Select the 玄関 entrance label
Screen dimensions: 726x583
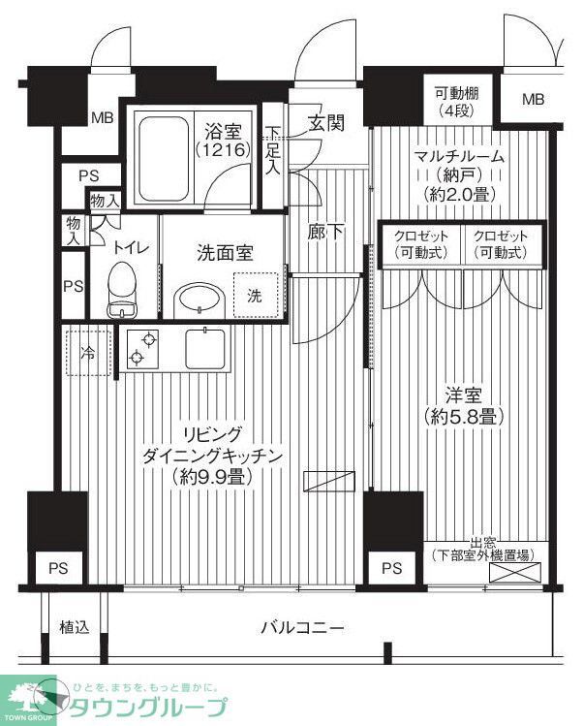325,123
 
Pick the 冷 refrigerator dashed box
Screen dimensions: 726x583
88,353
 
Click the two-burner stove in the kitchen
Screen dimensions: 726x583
141,349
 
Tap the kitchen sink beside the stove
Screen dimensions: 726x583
205,348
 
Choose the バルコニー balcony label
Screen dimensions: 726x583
301,627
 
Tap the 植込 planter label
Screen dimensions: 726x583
75,627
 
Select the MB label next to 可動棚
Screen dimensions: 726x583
533,100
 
